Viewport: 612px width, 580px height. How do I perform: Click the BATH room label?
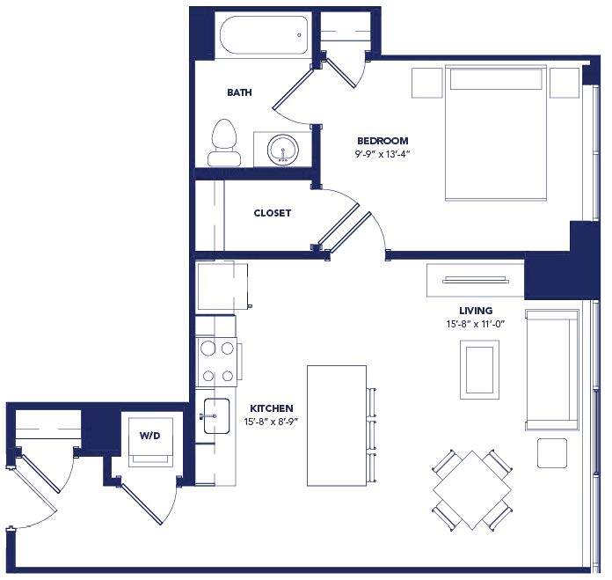pos(240,92)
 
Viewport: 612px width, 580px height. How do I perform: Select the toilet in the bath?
pos(224,144)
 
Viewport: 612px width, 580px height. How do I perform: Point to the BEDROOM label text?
pos(382,141)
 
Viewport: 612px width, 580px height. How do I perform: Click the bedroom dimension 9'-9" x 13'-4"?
pos(382,154)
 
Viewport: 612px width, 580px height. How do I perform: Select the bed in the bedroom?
pos(498,132)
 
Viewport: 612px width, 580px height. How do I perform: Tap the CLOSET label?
pos(272,213)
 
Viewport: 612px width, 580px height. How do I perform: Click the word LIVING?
pos(475,311)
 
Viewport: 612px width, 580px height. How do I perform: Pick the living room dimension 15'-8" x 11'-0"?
pos(475,324)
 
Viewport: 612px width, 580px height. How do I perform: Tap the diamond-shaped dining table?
pos(472,489)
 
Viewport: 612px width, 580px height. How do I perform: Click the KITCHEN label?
pos(272,408)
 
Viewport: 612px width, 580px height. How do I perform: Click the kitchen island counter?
pos(336,425)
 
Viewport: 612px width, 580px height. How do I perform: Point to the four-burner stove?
pos(217,362)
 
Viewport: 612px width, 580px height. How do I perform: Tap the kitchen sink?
pos(215,416)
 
